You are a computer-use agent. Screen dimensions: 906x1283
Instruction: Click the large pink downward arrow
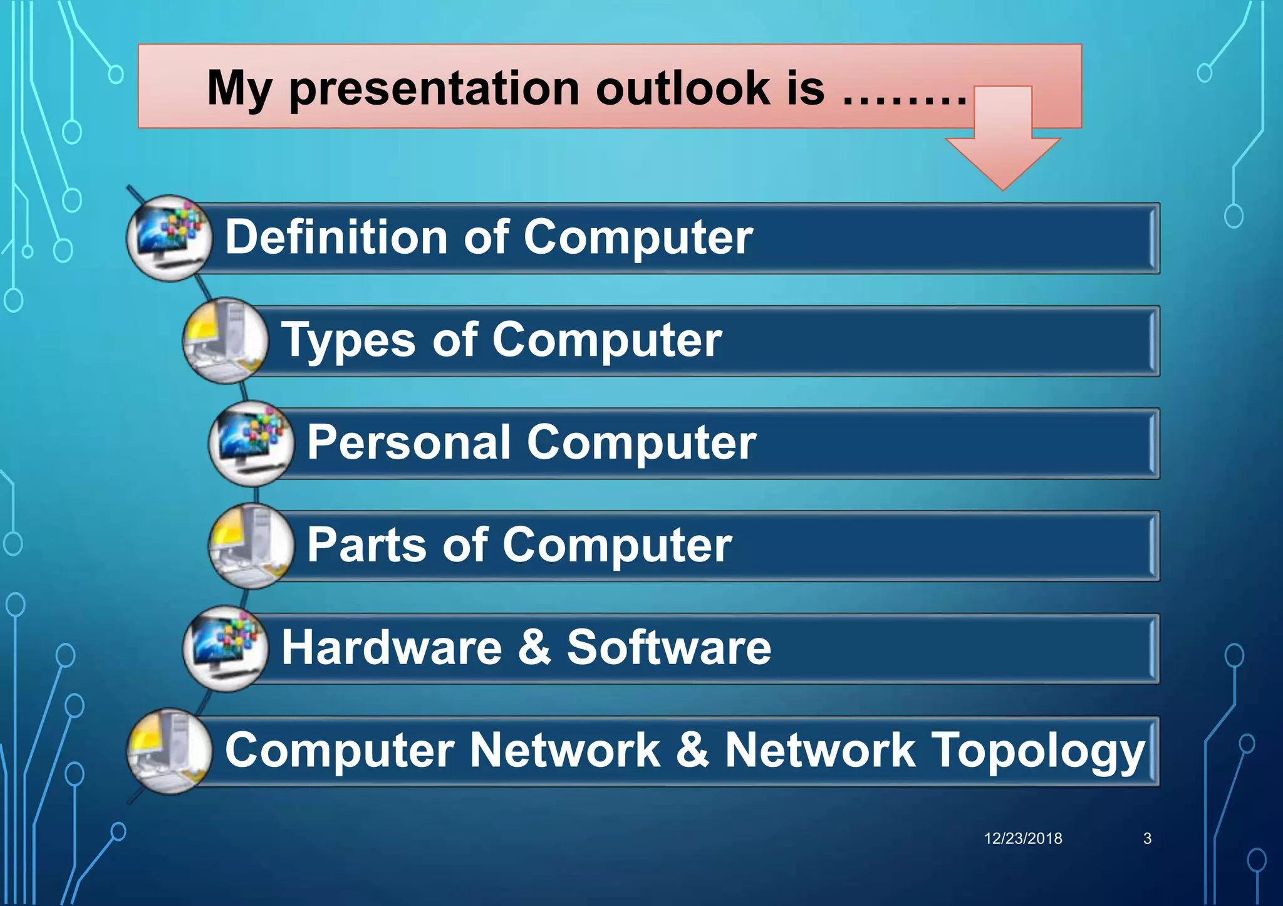click(x=1003, y=141)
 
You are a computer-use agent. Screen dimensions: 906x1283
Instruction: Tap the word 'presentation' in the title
click(x=434, y=90)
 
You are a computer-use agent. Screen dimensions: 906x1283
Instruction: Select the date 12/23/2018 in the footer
click(x=1023, y=838)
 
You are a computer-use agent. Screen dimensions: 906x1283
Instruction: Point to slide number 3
click(x=1147, y=838)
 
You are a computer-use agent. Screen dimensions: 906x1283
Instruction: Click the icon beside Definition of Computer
click(x=170, y=238)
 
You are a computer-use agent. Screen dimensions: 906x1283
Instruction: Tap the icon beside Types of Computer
click(x=226, y=341)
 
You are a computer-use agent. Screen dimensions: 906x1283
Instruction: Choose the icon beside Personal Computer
click(x=251, y=444)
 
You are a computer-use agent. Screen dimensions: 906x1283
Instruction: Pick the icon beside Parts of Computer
click(x=251, y=546)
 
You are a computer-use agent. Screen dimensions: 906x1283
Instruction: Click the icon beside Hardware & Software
click(x=226, y=648)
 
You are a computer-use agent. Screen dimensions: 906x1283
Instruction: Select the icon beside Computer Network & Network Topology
click(x=170, y=751)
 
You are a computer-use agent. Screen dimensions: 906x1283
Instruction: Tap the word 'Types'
click(x=348, y=341)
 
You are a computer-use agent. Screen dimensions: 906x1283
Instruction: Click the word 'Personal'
click(x=408, y=442)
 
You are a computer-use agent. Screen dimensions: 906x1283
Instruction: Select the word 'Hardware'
click(x=392, y=647)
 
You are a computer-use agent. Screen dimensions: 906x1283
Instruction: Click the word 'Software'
click(x=668, y=647)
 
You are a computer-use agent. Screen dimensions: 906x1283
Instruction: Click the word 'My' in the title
click(x=239, y=90)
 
